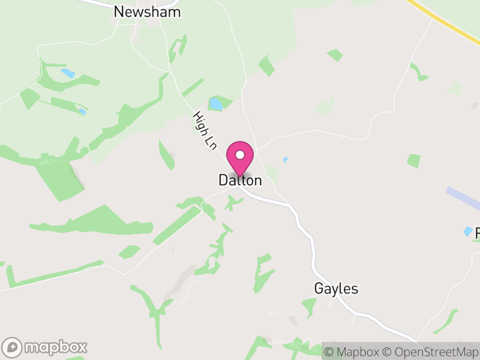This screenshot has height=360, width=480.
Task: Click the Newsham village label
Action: tap(147, 11)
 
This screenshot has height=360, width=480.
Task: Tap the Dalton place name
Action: tap(240, 180)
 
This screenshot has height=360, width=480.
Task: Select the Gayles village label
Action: tap(336, 289)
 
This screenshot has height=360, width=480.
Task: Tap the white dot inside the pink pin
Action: tap(240, 155)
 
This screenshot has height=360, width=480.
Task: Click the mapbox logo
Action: tap(46, 347)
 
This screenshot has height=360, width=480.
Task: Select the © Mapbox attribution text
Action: tap(355, 352)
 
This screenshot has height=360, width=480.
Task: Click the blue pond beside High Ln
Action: tap(215, 104)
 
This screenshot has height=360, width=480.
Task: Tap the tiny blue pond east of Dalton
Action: tap(285, 160)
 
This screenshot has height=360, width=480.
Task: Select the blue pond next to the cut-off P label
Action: tap(467, 231)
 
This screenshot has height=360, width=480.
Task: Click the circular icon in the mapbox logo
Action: tap(13, 347)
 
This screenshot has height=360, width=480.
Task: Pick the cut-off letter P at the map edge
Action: tap(478, 233)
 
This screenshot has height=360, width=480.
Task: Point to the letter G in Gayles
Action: tap(319, 289)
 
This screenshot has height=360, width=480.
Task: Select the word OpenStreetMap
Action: tap(439, 352)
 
